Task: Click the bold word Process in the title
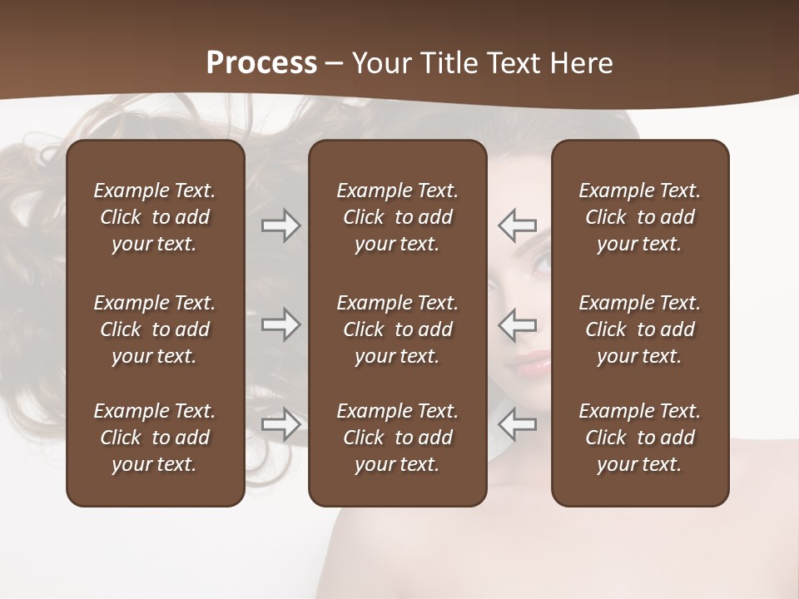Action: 261,63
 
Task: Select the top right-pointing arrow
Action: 280,225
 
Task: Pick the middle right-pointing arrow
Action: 280,324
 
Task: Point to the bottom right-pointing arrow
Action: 280,424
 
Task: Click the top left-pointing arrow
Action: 518,225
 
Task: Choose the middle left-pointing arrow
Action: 518,324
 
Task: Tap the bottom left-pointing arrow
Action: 518,424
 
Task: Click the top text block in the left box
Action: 155,217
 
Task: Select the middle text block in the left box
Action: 155,329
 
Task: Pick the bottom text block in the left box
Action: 155,438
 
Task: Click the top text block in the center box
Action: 397,217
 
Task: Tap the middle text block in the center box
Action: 397,329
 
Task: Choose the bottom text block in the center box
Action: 397,438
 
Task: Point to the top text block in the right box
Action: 639,217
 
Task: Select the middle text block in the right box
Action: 639,329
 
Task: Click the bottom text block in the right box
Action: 639,438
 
